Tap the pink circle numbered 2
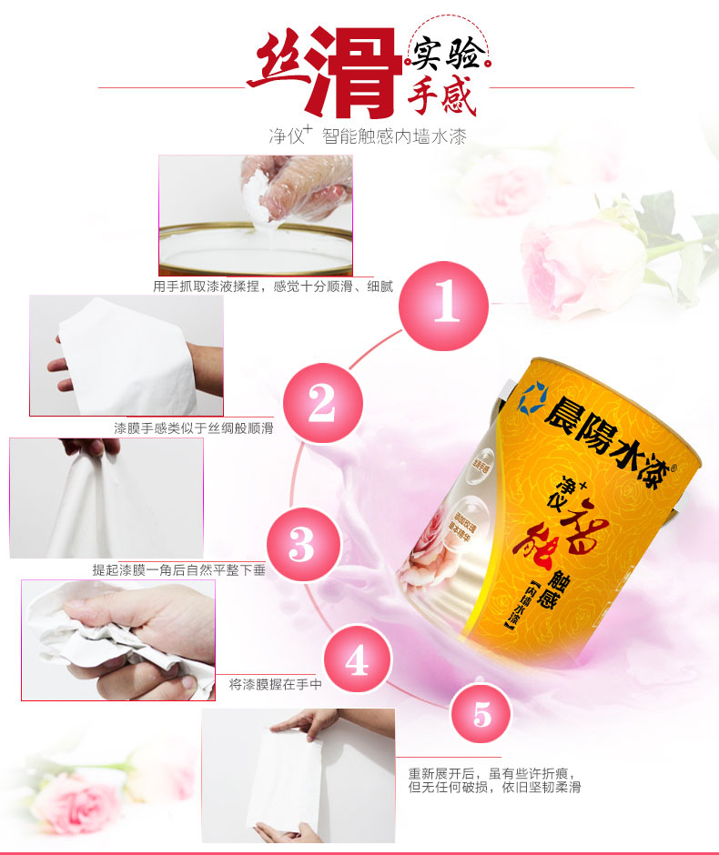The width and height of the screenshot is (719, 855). [x=322, y=406]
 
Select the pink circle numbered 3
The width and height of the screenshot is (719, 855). [x=301, y=546]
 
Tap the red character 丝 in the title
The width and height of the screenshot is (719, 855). [x=277, y=64]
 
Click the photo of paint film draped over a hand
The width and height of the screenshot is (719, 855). [x=127, y=356]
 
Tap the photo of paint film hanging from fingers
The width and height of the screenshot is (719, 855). [x=106, y=498]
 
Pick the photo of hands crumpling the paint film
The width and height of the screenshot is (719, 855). [x=117, y=640]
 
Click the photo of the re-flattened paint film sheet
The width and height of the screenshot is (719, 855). [x=298, y=775]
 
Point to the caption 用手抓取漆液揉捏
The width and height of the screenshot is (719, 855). [x=273, y=287]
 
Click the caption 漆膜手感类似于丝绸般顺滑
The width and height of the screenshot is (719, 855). [x=193, y=427]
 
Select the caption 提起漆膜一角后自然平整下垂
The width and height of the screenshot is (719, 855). [x=178, y=569]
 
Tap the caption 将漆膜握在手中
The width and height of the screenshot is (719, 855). [x=275, y=683]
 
